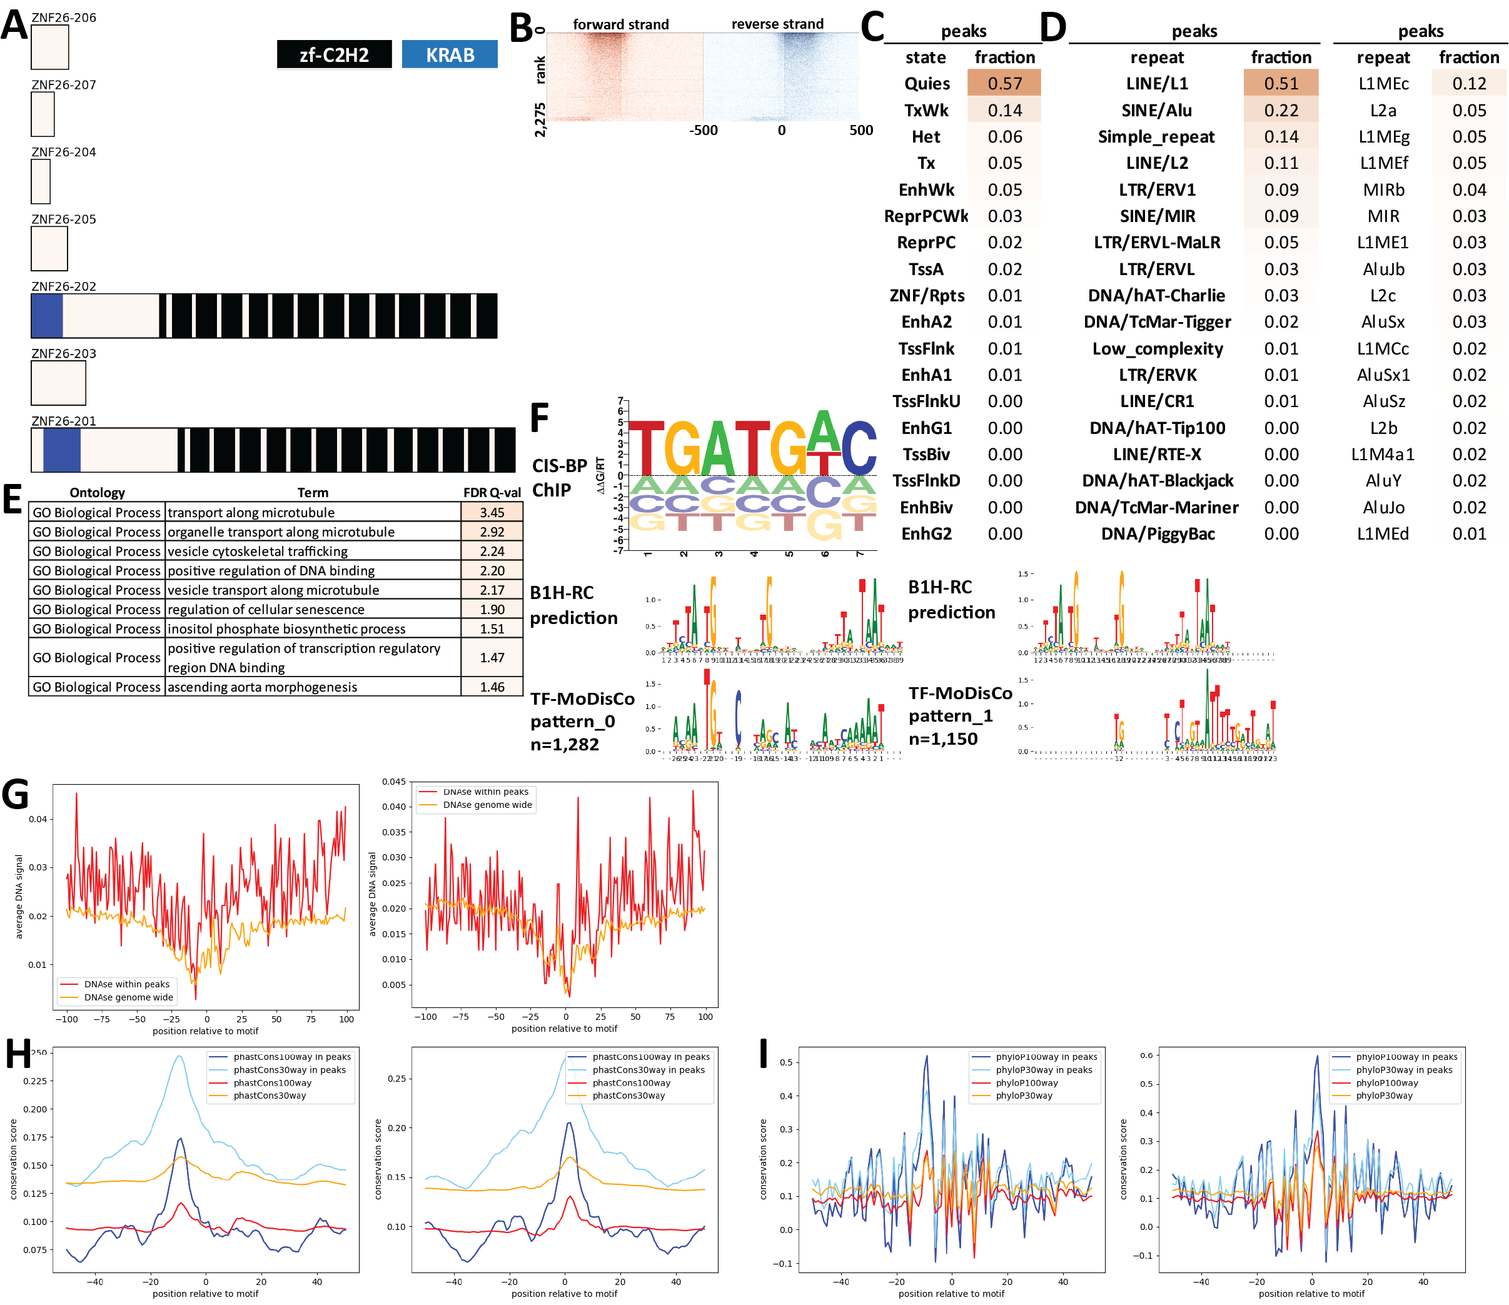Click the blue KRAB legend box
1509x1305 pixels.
pyautogui.click(x=450, y=54)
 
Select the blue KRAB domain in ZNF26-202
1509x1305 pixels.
pyautogui.click(x=47, y=316)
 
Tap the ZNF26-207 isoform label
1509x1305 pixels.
pyautogui.click(x=63, y=84)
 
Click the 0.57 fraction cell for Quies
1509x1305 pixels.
pyautogui.click(x=1004, y=83)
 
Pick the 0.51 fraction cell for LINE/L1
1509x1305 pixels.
pyautogui.click(x=1280, y=83)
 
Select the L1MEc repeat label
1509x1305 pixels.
pyautogui.click(x=1383, y=83)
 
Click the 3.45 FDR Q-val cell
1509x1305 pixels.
pyautogui.click(x=492, y=512)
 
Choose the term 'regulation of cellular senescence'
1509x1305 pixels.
pyautogui.click(x=266, y=609)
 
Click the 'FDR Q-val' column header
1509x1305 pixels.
pyautogui.click(x=492, y=492)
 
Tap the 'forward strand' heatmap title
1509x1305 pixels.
pyautogui.click(x=620, y=24)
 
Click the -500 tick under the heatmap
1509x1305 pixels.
pyautogui.click(x=704, y=130)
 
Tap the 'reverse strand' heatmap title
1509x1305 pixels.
pyautogui.click(x=777, y=24)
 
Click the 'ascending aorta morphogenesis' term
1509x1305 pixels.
pyautogui.click(x=262, y=687)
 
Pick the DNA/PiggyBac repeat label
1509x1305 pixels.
pyautogui.click(x=1158, y=534)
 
